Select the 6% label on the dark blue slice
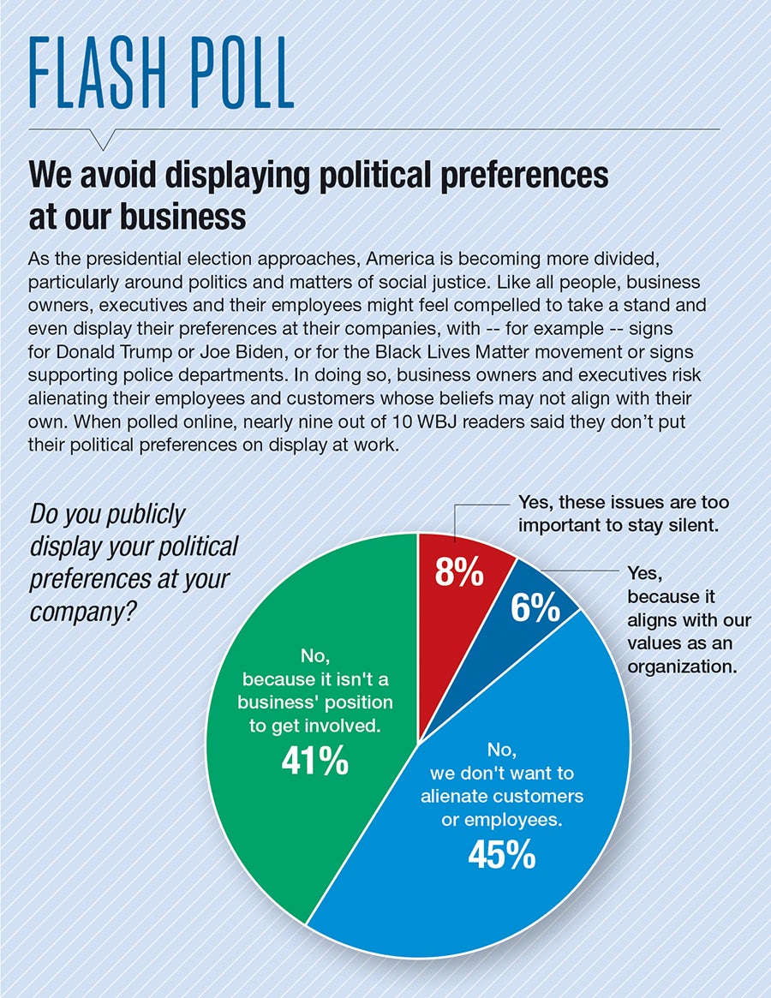tap(536, 607)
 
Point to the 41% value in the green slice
tap(314, 759)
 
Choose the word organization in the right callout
tap(683, 665)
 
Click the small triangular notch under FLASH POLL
tap(109, 138)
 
